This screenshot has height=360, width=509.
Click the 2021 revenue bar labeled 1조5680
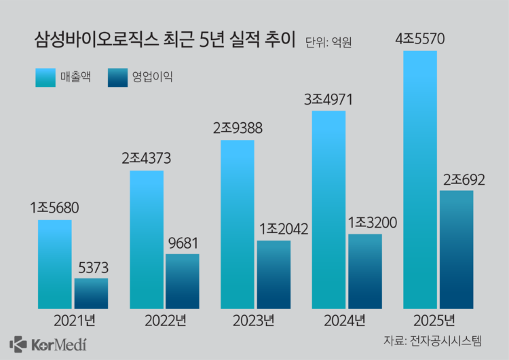click(x=54, y=264)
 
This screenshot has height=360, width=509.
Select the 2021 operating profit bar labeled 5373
click(x=91, y=293)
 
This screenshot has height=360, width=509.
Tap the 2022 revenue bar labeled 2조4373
click(x=147, y=239)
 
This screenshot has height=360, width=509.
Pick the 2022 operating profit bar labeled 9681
click(x=183, y=281)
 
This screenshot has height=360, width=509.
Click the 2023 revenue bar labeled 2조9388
click(x=238, y=224)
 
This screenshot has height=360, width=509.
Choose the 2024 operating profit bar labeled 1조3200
click(x=365, y=272)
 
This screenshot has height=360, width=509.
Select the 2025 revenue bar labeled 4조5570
click(x=420, y=179)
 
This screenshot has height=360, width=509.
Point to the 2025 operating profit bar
click(x=456, y=249)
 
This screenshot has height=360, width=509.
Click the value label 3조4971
click(x=329, y=101)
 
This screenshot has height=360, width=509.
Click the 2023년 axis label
click(x=256, y=320)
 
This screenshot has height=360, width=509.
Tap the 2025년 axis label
click(x=438, y=320)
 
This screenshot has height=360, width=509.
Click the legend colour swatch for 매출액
click(x=45, y=77)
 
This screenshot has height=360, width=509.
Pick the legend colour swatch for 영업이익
click(x=117, y=77)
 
